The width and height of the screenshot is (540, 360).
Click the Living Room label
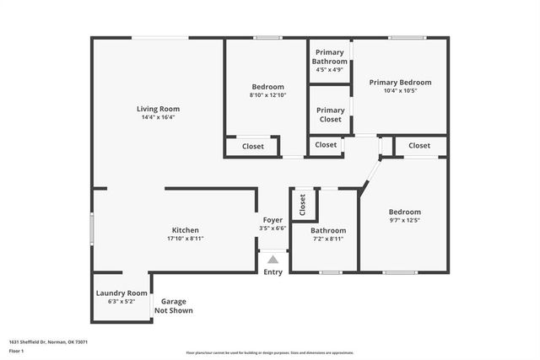[159, 109]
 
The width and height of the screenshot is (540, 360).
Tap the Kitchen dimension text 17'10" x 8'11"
[186, 239]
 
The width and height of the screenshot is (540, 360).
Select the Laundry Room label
[121, 293]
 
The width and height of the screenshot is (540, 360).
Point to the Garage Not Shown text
[173, 306]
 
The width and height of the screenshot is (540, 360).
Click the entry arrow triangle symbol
[273, 261]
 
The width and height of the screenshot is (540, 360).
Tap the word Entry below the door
[273, 271]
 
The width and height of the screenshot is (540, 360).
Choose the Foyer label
[273, 220]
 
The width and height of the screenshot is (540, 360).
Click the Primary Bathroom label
[329, 56]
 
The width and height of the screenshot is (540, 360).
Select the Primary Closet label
[330, 115]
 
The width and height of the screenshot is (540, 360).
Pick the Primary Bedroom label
[401, 83]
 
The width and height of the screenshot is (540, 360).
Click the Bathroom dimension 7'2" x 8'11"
[327, 239]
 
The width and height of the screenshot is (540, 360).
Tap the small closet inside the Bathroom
[302, 204]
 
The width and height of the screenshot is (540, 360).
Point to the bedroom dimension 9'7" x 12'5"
[404, 220]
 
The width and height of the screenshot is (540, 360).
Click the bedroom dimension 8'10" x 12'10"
[267, 95]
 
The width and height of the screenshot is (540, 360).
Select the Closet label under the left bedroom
[253, 147]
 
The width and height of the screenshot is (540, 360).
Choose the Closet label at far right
[419, 146]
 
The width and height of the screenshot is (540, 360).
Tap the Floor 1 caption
[16, 350]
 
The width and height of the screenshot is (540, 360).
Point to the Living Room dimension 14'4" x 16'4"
[159, 117]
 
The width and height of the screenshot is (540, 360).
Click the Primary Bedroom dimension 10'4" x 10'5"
[401, 91]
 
